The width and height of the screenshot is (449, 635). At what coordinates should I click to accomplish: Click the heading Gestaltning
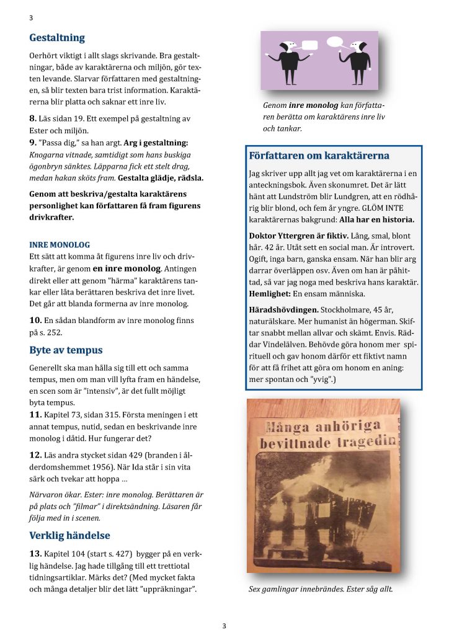pos(57,38)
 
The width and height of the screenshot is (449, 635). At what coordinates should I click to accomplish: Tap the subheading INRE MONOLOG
pos(60,244)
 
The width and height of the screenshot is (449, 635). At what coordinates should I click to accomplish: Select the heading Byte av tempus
pos(66,350)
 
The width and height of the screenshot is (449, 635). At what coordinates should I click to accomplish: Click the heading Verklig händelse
pos(69,535)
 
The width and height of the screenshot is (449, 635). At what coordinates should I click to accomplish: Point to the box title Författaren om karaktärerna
pos(319,155)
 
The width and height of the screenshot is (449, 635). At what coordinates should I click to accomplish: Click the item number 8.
pos(33,118)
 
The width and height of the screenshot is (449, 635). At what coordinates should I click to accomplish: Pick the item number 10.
pos(35,320)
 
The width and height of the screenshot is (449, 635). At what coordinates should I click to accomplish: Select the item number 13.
pos(35,553)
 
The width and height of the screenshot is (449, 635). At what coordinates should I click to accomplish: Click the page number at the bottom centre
pos(225,626)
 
